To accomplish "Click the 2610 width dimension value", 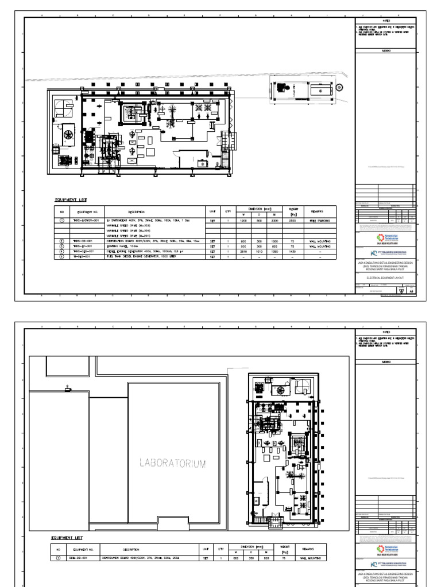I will click(x=243, y=251).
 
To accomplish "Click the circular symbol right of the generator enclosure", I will click(x=339, y=87).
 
